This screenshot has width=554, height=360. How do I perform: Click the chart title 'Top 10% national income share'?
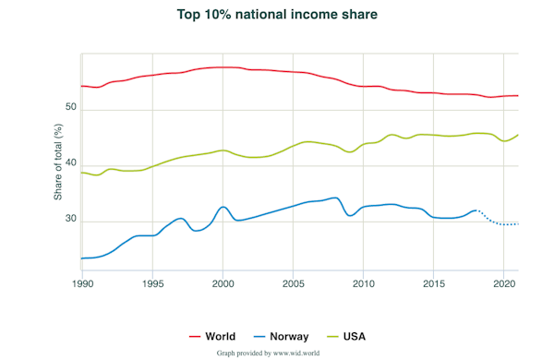277,16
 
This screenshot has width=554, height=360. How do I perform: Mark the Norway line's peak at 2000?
223,207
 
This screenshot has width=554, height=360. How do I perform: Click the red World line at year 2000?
223,67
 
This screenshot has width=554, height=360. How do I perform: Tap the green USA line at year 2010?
363,145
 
